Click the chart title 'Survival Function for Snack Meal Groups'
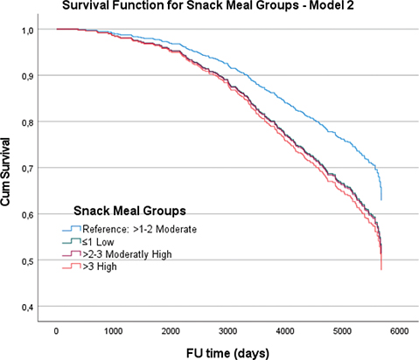click(x=206, y=8)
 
